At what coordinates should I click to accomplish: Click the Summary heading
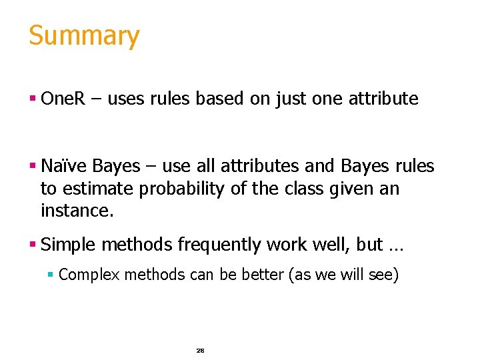pyautogui.click(x=84, y=36)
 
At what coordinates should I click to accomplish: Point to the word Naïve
pyautogui.click(x=64, y=166)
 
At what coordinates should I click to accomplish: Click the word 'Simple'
pyautogui.click(x=68, y=245)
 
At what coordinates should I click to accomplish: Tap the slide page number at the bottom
pyautogui.click(x=200, y=350)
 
